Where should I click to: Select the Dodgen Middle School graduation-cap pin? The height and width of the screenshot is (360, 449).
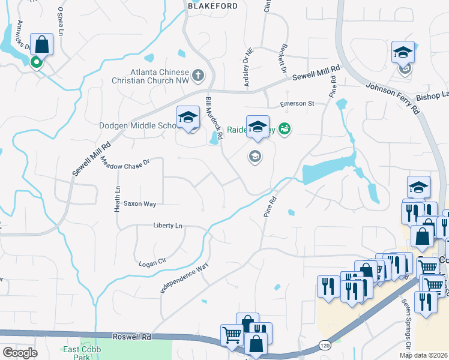(188, 117)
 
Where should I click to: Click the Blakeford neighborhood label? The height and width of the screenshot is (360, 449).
(209, 5)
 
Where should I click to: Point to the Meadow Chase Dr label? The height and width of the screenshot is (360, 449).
(124, 161)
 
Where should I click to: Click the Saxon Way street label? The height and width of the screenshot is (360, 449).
(140, 204)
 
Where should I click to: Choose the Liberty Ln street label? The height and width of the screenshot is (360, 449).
(167, 226)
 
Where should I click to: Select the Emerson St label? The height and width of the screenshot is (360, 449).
(297, 104)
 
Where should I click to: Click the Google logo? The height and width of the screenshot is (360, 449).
(20, 353)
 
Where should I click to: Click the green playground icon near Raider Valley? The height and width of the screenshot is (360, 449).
(285, 128)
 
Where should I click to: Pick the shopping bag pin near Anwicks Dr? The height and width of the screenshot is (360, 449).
(41, 44)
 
